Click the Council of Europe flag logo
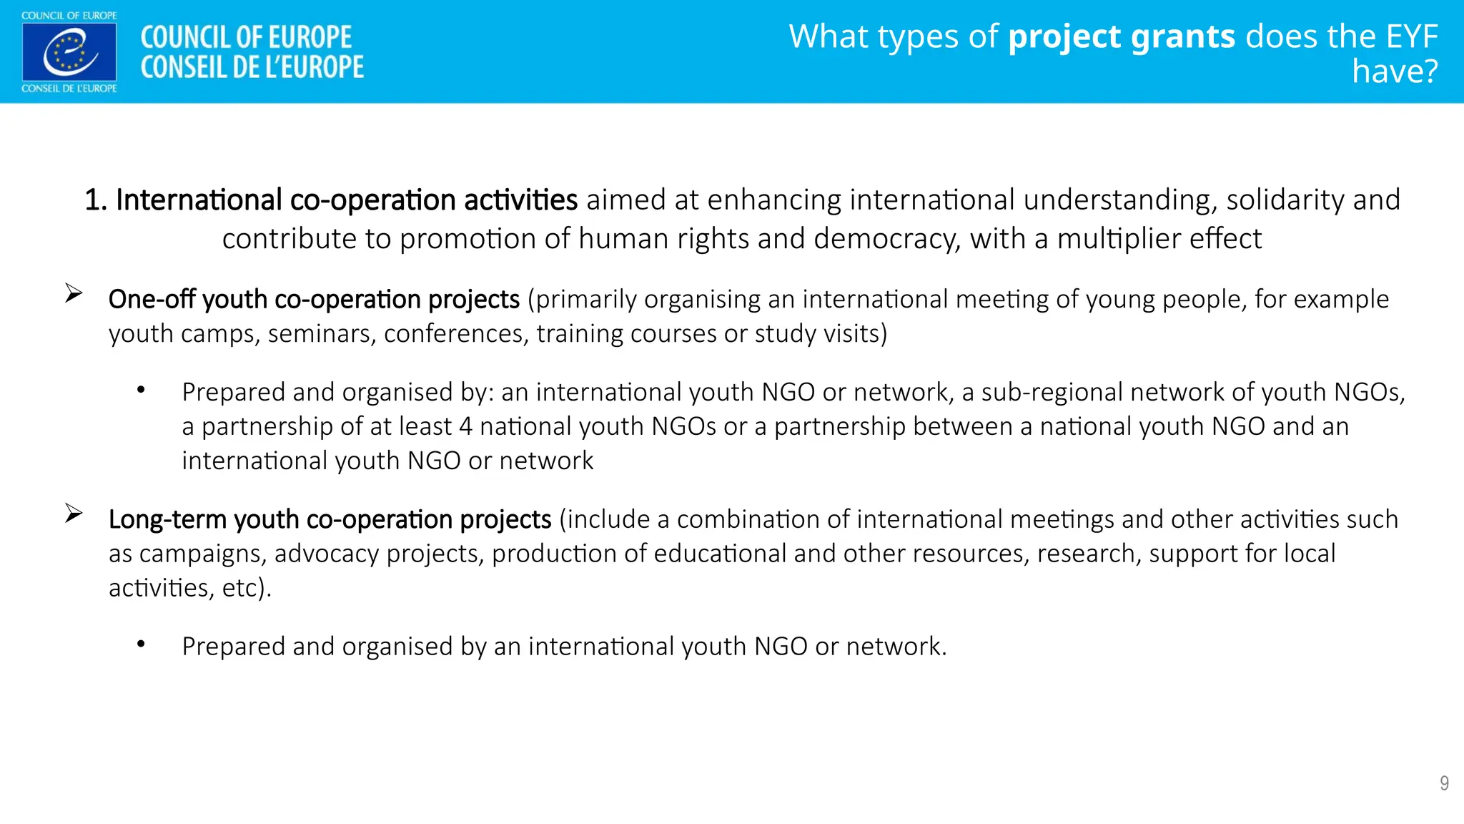click(x=69, y=51)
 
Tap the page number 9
click(x=1444, y=783)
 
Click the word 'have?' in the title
click(x=1395, y=72)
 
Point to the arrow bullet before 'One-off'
click(x=74, y=293)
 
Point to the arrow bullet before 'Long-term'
click(x=74, y=514)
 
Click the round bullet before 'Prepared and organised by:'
click(x=142, y=390)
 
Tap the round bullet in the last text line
click(x=142, y=644)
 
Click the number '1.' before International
click(x=96, y=200)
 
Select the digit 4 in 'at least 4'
click(x=465, y=427)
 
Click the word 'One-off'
click(x=152, y=299)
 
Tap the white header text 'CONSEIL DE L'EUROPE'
click(x=252, y=67)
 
